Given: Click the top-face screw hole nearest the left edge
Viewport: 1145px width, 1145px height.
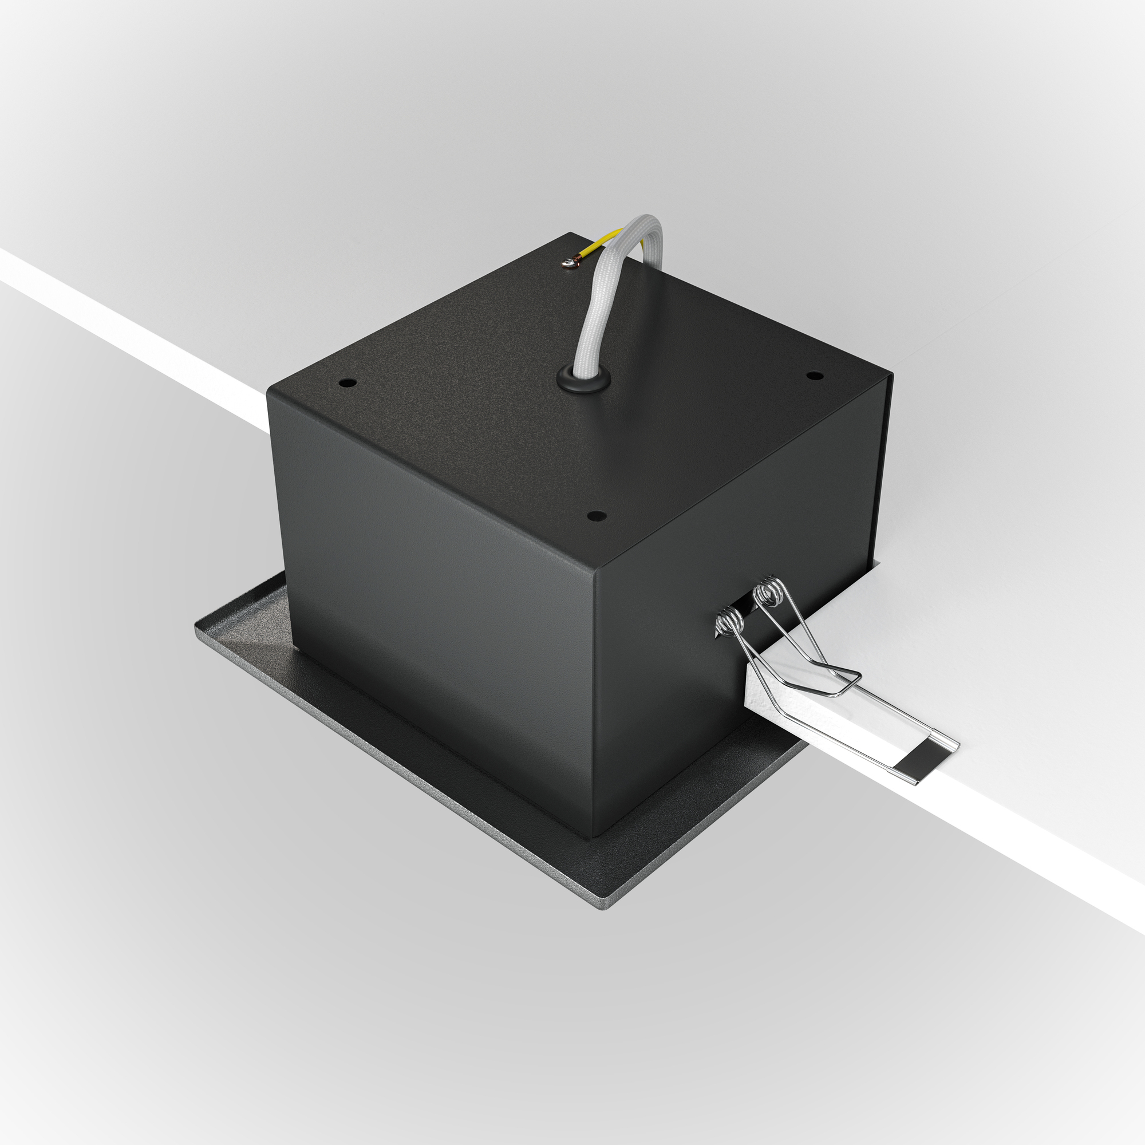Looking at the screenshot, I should (348, 383).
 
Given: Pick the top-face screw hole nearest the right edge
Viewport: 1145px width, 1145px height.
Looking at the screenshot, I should (814, 375).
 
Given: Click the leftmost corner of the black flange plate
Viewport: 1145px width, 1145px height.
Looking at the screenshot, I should (198, 623).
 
